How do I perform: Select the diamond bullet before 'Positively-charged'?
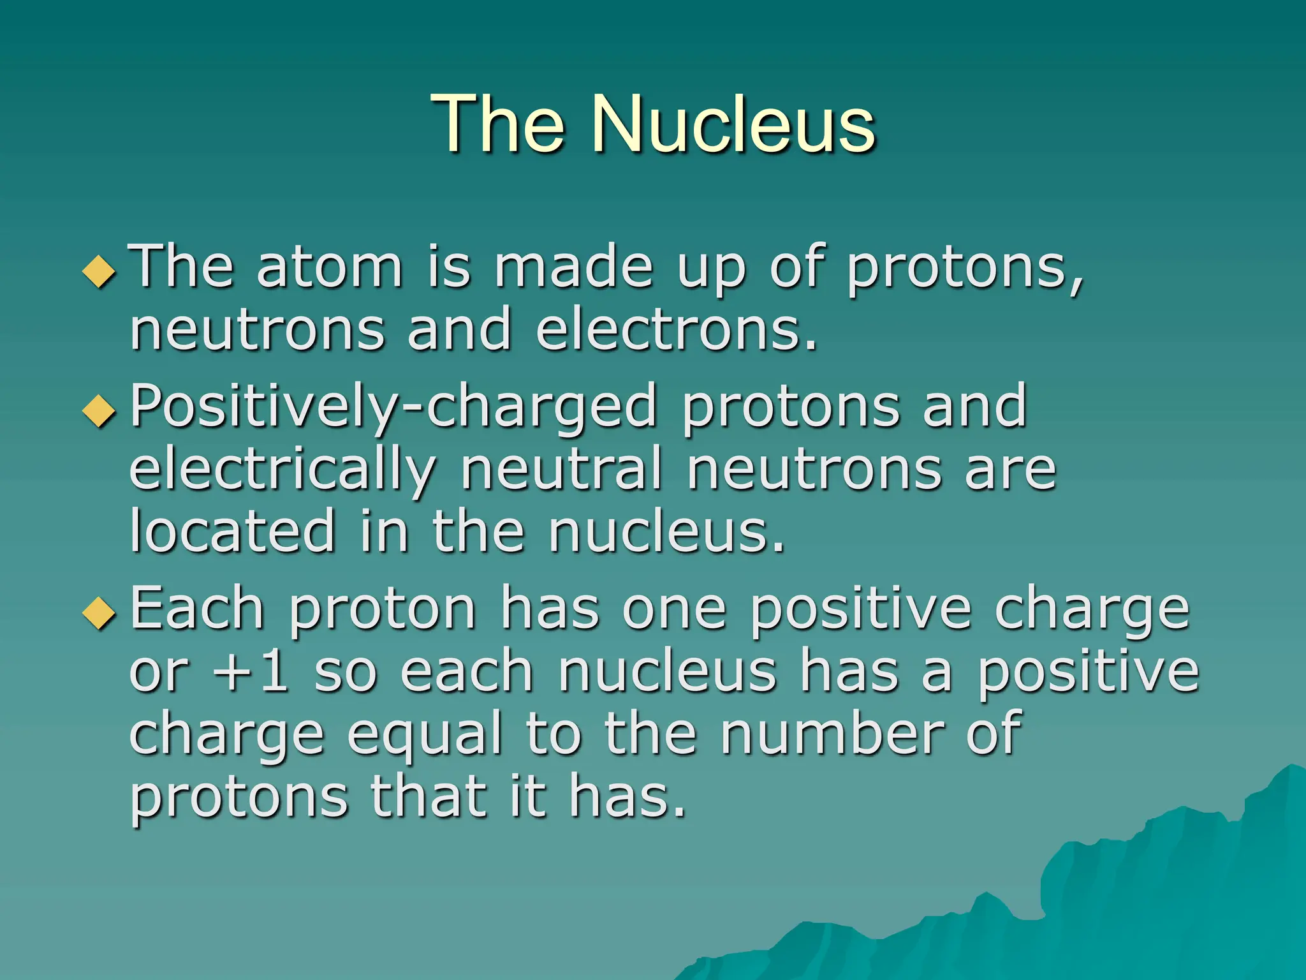(99, 411)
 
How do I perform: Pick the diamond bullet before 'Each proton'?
(99, 614)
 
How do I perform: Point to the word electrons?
(676, 329)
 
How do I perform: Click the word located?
(232, 531)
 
